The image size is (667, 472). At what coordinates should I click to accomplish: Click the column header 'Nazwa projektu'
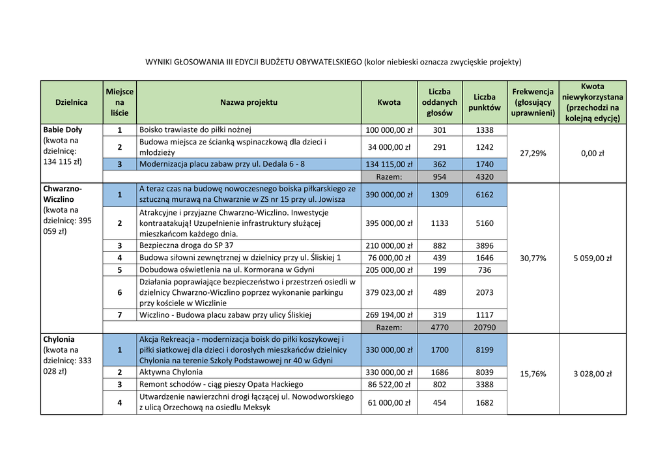click(248, 102)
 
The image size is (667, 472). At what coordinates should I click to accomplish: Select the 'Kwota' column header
click(389, 102)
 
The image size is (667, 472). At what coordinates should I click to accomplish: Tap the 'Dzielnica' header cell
click(72, 102)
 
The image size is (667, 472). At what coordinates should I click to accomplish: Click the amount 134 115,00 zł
click(389, 164)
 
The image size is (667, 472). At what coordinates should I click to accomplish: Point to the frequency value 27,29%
click(533, 153)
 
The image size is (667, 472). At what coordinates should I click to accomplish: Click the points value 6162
click(484, 195)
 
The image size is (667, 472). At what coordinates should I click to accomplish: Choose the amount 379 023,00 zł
click(389, 292)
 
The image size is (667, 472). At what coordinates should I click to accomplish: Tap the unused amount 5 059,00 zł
click(592, 258)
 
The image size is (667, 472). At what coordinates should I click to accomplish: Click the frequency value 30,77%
click(533, 258)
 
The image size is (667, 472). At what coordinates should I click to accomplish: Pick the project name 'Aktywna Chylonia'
click(171, 372)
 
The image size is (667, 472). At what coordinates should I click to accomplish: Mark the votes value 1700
click(440, 350)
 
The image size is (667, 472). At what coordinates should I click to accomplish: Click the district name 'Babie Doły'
click(63, 130)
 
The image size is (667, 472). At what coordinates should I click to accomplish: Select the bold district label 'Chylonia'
click(59, 339)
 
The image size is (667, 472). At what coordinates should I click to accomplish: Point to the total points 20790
click(484, 327)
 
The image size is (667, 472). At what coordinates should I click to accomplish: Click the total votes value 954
click(440, 176)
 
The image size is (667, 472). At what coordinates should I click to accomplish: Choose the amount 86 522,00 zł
click(389, 384)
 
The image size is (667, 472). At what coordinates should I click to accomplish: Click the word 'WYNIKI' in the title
click(158, 62)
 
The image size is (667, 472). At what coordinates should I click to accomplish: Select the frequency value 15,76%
click(533, 374)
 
